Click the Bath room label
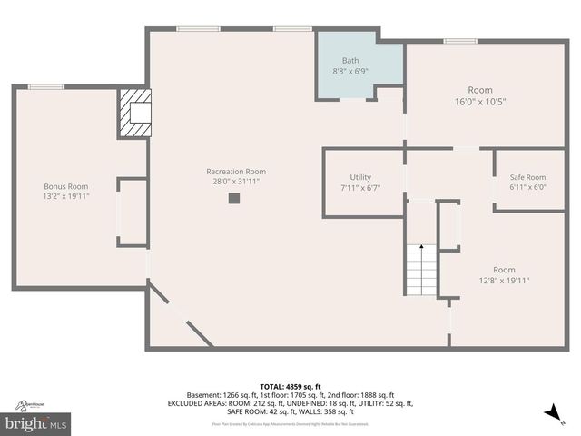pos(350,61)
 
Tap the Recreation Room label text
pos(236,172)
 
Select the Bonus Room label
pos(65,186)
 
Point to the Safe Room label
pos(527,177)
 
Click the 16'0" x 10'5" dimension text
pos(479,102)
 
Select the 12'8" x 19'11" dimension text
pos(504,281)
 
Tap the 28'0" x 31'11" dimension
pos(236,182)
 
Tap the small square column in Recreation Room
pos(233,198)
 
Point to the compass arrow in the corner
pos(553,414)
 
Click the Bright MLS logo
pos(36,422)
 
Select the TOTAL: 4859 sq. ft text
pos(290,387)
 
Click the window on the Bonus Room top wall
pos(45,87)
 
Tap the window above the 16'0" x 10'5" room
pos(460,41)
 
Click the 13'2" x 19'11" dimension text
pos(65,196)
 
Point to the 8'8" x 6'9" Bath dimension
pos(350,71)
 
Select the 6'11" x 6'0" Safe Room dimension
pos(527,187)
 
